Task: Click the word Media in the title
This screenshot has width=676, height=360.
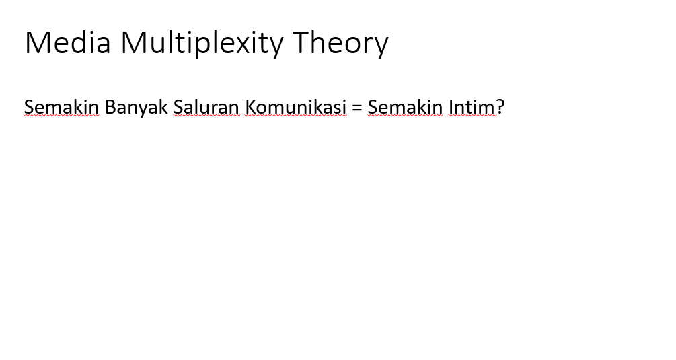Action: [68, 42]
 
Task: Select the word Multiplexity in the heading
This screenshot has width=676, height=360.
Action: [202, 44]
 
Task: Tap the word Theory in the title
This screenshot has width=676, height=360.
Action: [340, 44]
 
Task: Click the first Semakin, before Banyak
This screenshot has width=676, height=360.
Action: [61, 107]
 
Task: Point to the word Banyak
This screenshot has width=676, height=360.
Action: [137, 108]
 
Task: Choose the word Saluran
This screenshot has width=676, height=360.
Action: [206, 107]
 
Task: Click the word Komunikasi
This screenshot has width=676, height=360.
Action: [296, 107]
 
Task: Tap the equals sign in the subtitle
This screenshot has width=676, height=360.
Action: [357, 108]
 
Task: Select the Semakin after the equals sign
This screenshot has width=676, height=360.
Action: [405, 107]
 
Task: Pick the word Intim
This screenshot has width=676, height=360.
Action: [472, 107]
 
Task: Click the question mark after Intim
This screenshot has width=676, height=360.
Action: [500, 107]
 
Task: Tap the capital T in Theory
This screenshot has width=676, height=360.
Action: [301, 42]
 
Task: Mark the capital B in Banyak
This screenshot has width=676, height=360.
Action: [110, 107]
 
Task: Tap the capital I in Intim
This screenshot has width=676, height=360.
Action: [451, 107]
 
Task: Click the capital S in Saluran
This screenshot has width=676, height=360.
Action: [178, 107]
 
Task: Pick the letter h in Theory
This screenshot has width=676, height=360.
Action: [319, 42]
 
